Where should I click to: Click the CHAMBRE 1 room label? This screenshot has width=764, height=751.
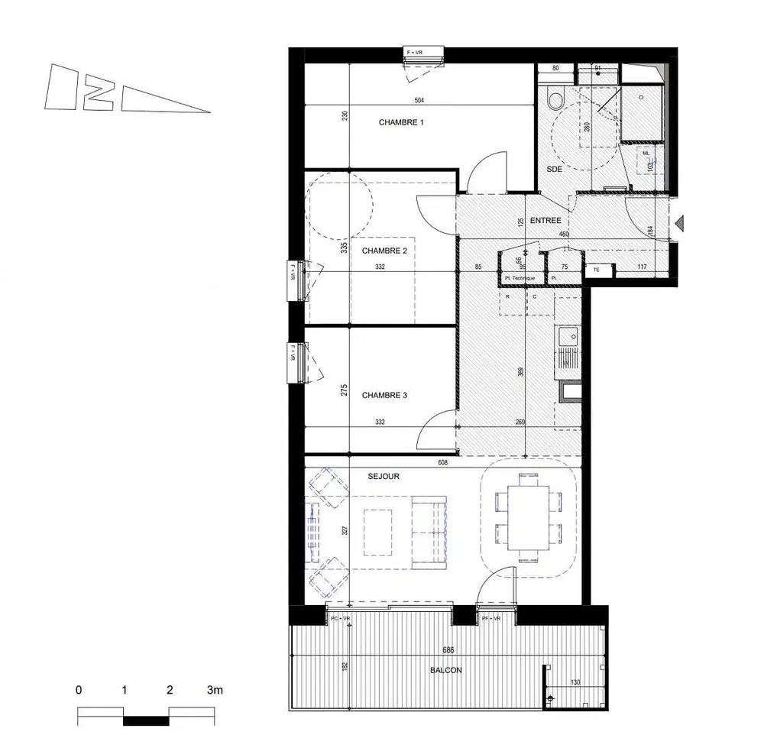point(401,122)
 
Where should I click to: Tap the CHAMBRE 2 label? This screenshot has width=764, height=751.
point(384,251)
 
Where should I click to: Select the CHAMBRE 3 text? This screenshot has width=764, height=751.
point(384,395)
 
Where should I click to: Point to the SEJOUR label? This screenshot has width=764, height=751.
point(384,476)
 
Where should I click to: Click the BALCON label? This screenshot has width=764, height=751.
point(445,670)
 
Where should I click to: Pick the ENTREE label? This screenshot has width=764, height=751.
point(545,220)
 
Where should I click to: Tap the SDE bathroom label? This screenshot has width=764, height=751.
point(555,170)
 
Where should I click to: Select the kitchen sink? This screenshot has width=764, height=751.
point(568,337)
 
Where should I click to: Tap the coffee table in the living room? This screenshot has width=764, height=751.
point(379,532)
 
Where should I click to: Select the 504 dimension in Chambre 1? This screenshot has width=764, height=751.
point(419,101)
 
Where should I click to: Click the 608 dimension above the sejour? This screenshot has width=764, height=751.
point(442,461)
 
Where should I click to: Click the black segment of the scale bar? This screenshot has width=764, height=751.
point(146,720)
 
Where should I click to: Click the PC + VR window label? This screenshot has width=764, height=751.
point(340,617)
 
